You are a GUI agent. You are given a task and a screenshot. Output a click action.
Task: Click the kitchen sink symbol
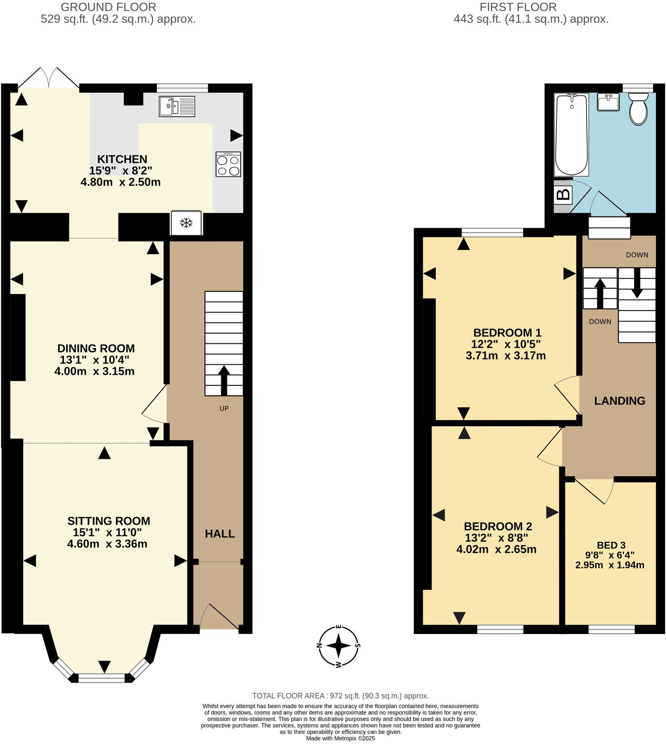(177, 106)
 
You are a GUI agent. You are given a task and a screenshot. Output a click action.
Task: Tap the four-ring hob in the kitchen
(228, 164)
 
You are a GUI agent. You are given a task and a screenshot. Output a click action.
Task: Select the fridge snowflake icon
(186, 223)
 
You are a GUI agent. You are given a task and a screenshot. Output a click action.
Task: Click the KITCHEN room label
(122, 159)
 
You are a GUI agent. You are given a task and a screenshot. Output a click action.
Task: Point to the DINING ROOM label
(96, 349)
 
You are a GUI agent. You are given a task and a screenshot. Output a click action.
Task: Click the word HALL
(220, 534)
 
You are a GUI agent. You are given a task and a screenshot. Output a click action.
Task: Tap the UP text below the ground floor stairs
(224, 409)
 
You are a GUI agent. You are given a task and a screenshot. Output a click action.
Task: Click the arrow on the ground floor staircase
(223, 380)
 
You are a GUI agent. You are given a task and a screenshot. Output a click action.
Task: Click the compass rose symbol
(339, 646)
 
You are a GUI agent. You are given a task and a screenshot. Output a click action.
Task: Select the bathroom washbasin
(608, 102)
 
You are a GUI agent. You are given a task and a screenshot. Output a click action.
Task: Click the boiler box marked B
(563, 195)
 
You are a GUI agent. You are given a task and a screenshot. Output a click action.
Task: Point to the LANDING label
(620, 401)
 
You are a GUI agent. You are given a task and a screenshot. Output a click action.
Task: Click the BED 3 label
(611, 545)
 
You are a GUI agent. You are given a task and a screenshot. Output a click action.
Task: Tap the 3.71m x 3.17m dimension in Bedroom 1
(506, 356)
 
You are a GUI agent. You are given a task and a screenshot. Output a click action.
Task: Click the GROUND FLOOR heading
(108, 7)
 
